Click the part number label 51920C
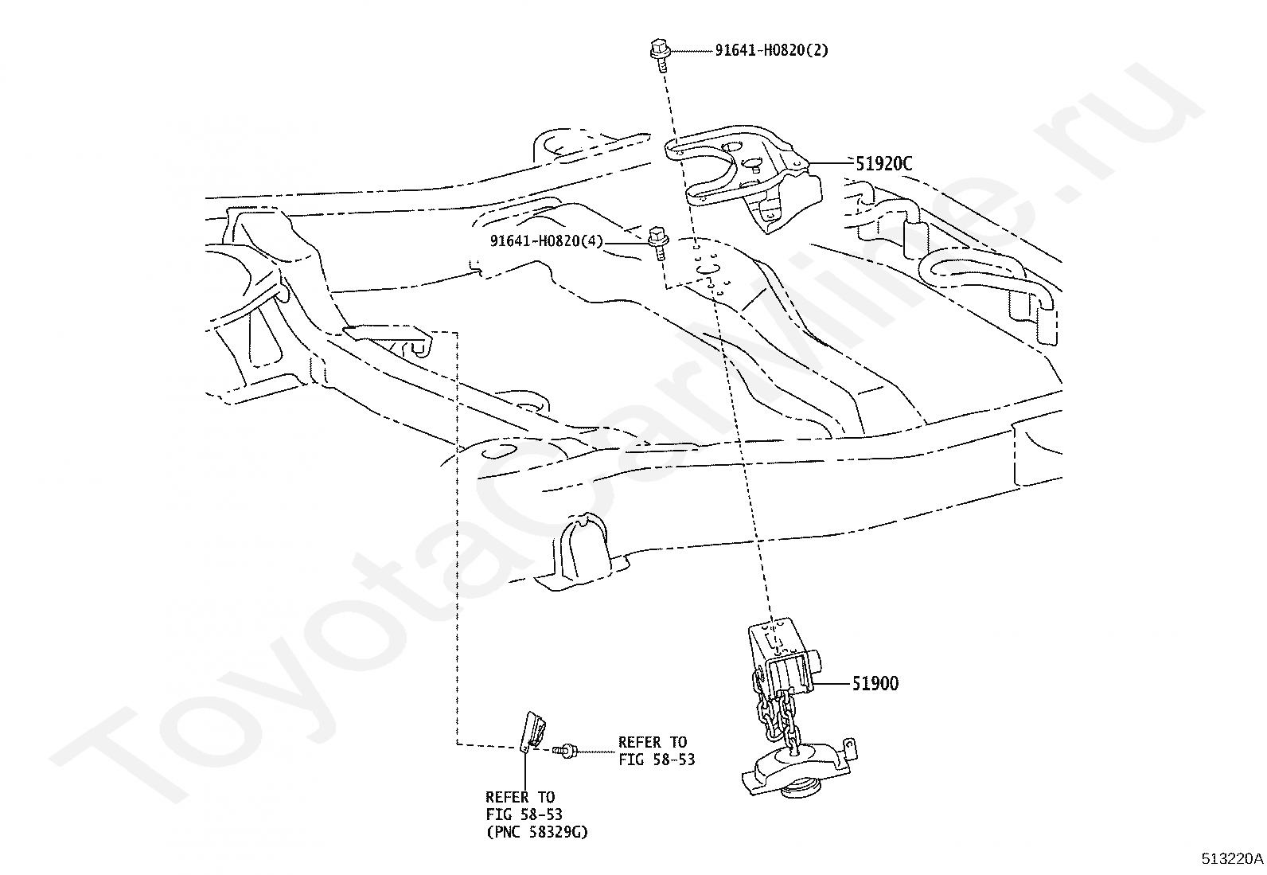[x=883, y=163]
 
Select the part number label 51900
[x=875, y=684]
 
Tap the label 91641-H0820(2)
[x=771, y=50]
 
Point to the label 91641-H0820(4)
[x=547, y=241]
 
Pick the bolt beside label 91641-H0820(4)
[x=658, y=243]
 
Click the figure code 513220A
[x=1233, y=858]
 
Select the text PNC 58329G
[x=537, y=832]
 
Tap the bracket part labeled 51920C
[x=747, y=175]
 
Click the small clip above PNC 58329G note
[x=532, y=732]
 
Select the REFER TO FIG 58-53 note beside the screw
[x=656, y=751]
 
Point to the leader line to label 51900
[x=832, y=684]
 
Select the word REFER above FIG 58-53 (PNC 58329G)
[x=507, y=798]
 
